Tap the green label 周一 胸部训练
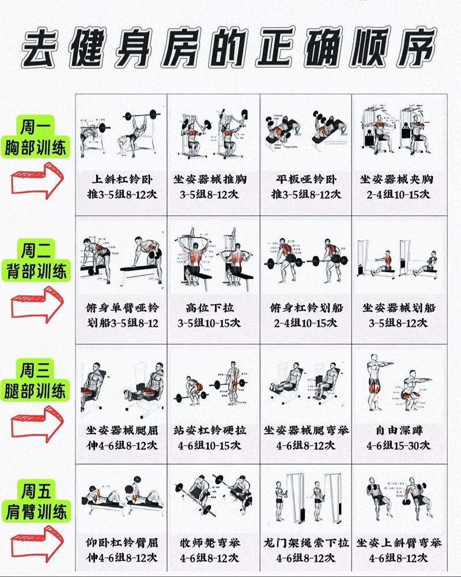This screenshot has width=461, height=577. pyautogui.click(x=36, y=137)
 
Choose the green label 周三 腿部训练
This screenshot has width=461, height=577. pyautogui.click(x=36, y=381)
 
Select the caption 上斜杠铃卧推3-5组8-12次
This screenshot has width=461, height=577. pyautogui.click(x=122, y=187)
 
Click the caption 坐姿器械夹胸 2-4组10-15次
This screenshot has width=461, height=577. pyautogui.click(x=399, y=187)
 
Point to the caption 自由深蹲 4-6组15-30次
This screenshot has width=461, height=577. pyautogui.click(x=399, y=438)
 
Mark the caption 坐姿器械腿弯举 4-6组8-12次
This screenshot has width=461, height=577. pyautogui.click(x=305, y=438)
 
